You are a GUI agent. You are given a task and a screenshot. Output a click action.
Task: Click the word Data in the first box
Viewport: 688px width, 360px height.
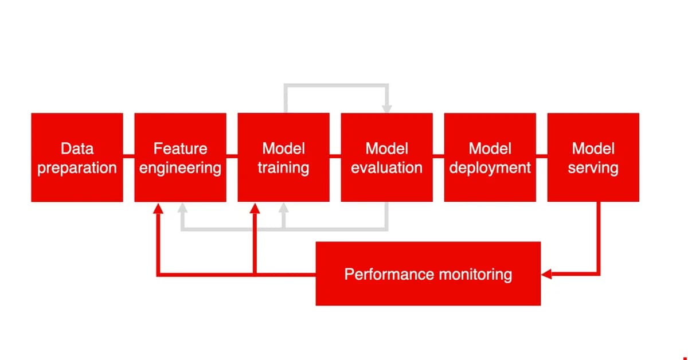coord(77,148)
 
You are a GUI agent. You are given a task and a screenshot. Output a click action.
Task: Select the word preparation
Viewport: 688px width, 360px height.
coord(77,168)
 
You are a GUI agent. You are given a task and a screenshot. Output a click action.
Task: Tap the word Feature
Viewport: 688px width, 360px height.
coord(180,148)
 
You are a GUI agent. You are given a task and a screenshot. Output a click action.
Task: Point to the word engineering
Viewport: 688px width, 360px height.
coord(180,168)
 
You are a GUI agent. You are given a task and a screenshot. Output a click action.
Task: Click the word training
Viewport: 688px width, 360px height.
coord(283,168)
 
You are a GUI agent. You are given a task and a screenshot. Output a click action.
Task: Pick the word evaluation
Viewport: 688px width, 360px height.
coord(386,168)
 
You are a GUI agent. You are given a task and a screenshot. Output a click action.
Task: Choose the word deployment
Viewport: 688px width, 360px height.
coord(490,168)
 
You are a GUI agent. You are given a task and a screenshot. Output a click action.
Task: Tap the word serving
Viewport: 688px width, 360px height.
coord(593,168)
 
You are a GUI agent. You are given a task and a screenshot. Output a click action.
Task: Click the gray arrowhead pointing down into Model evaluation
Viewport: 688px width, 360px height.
coord(387,108)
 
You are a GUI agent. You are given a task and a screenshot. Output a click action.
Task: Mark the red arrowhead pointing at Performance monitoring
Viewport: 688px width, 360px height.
coord(546,275)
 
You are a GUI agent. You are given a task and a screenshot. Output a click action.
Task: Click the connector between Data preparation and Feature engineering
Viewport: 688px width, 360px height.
coord(128,155)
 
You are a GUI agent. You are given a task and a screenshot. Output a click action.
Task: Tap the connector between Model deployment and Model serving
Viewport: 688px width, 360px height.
coord(542,155)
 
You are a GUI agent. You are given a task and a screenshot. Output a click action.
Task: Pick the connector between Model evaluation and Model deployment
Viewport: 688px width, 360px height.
coord(439,155)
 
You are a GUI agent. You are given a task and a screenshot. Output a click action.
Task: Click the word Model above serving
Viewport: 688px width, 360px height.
coord(593,148)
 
